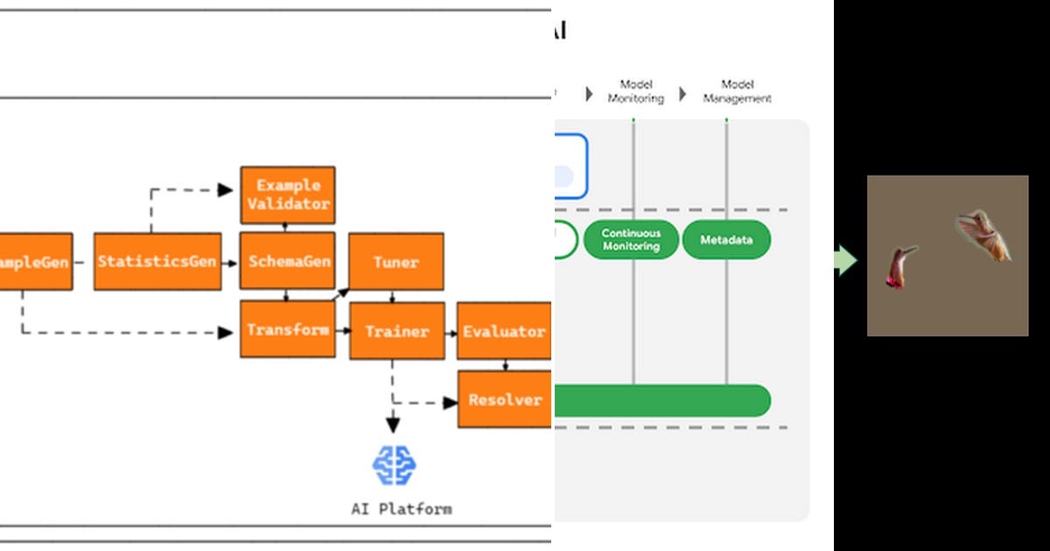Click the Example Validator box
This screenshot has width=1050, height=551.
pyautogui.click(x=288, y=195)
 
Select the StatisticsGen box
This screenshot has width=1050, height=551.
pyautogui.click(x=157, y=262)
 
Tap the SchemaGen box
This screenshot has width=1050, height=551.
pyautogui.click(x=288, y=262)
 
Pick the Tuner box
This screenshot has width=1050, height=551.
pyautogui.click(x=396, y=262)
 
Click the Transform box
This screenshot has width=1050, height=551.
pyautogui.click(x=288, y=330)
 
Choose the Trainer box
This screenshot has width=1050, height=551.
pyautogui.click(x=396, y=331)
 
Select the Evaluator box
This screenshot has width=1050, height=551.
pyautogui.click(x=504, y=331)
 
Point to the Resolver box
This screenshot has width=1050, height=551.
pyautogui.click(x=505, y=400)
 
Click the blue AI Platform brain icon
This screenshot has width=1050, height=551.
pyautogui.click(x=395, y=464)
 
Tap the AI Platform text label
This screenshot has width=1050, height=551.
pyautogui.click(x=402, y=508)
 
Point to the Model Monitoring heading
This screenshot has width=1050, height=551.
pyautogui.click(x=636, y=92)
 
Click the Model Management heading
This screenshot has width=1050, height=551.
pyautogui.click(x=737, y=92)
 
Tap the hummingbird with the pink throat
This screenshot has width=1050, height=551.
pyautogui.click(x=899, y=266)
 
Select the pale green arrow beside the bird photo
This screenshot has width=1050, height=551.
pyautogui.click(x=845, y=261)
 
